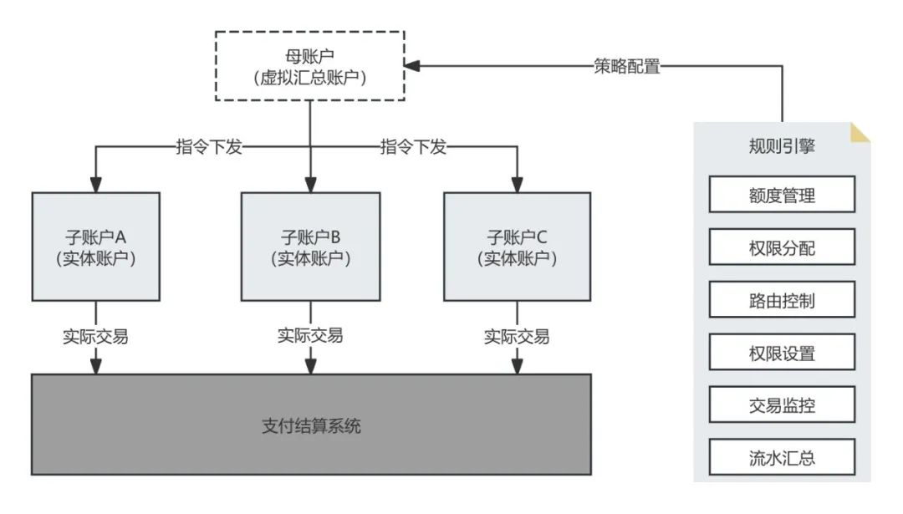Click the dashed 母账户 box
coord(310,66)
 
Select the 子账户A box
coord(95,247)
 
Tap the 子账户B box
coord(310,247)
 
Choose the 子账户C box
coord(517,247)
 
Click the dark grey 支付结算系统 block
coord(310,425)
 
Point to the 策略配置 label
coord(626,67)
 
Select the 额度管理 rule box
coord(782,195)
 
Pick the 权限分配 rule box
coord(782,247)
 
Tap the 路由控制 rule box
coord(782,300)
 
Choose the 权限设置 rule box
coord(782,353)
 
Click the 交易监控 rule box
coord(782,405)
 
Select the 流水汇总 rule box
coord(782,458)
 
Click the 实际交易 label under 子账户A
coord(95,337)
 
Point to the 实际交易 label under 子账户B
coord(310,336)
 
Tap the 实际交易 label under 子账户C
coord(517,337)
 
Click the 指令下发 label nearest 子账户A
coord(208,147)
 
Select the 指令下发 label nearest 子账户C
coord(413,147)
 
